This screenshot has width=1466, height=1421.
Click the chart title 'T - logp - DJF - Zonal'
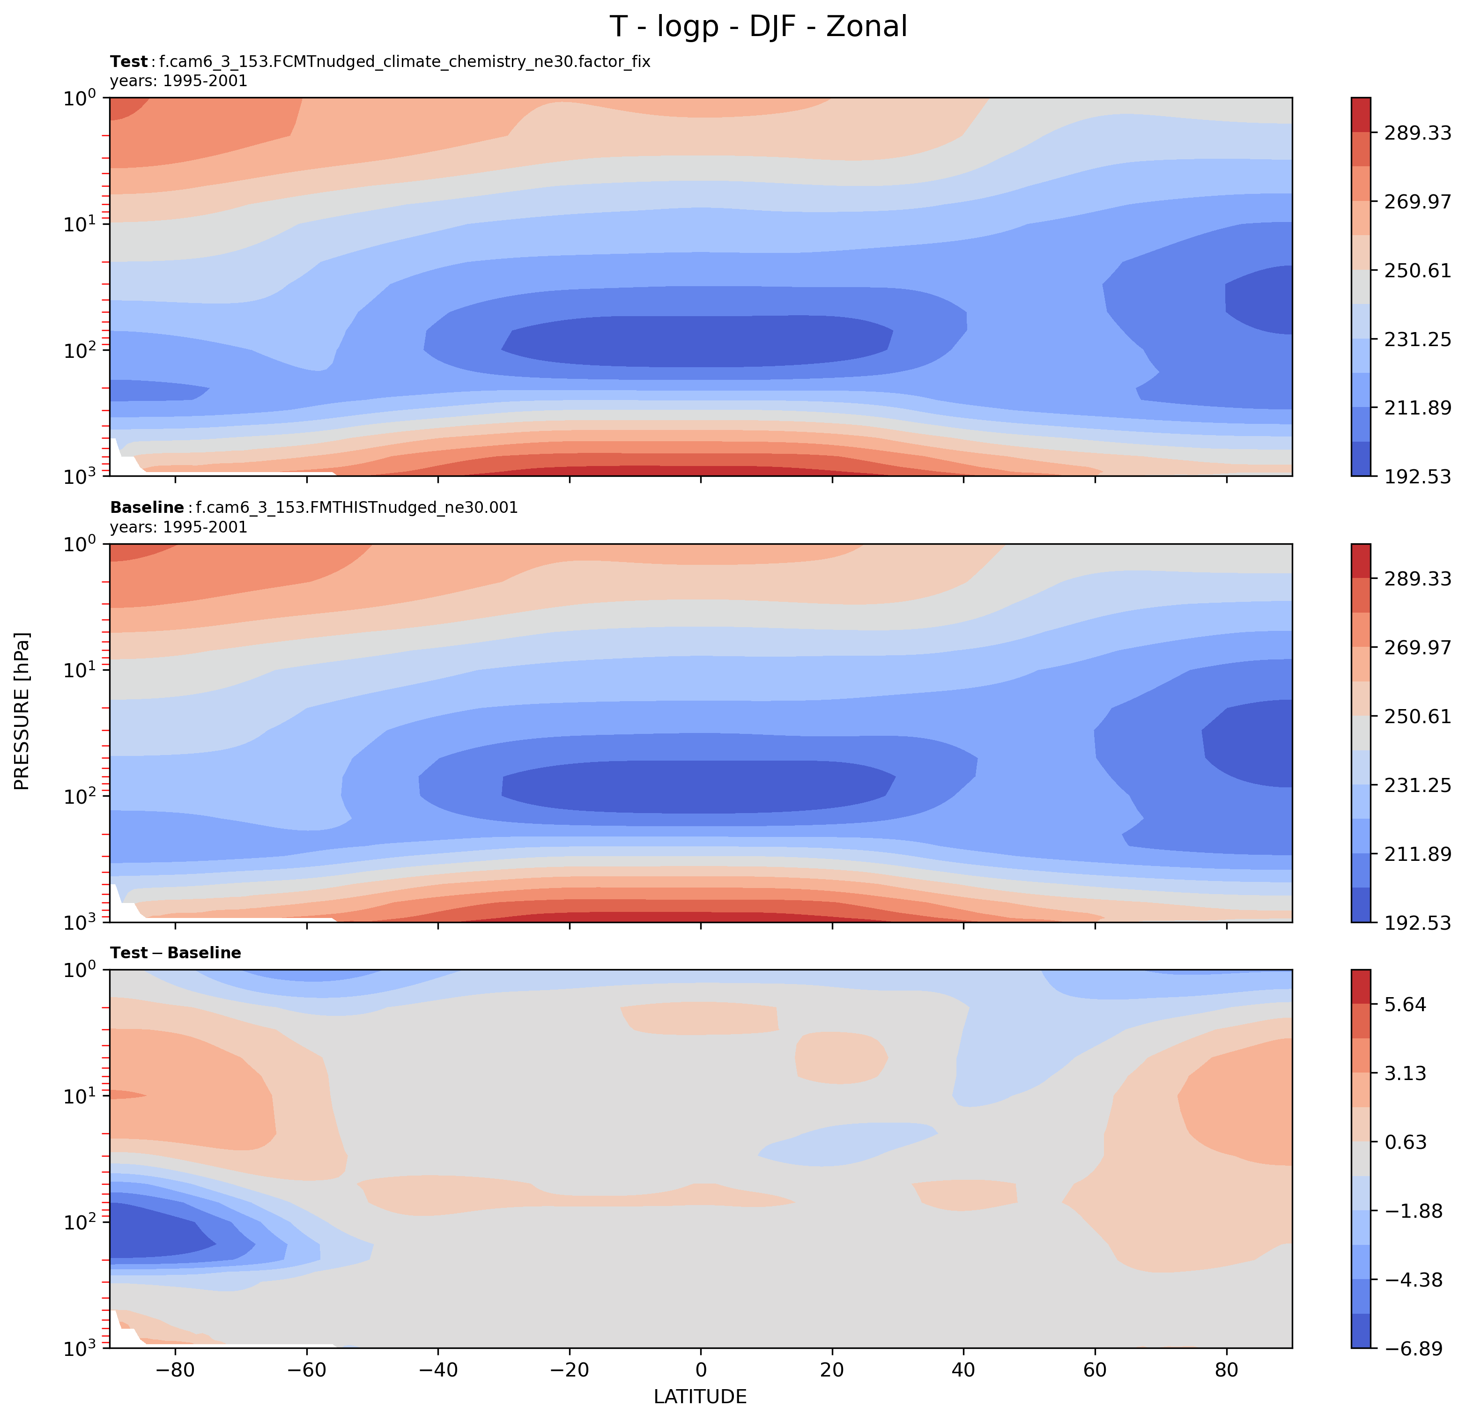758,27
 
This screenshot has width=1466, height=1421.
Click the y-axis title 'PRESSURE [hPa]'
22,711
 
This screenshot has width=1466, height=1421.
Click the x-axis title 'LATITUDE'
700,1396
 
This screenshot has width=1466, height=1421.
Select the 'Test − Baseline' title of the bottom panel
175,953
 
